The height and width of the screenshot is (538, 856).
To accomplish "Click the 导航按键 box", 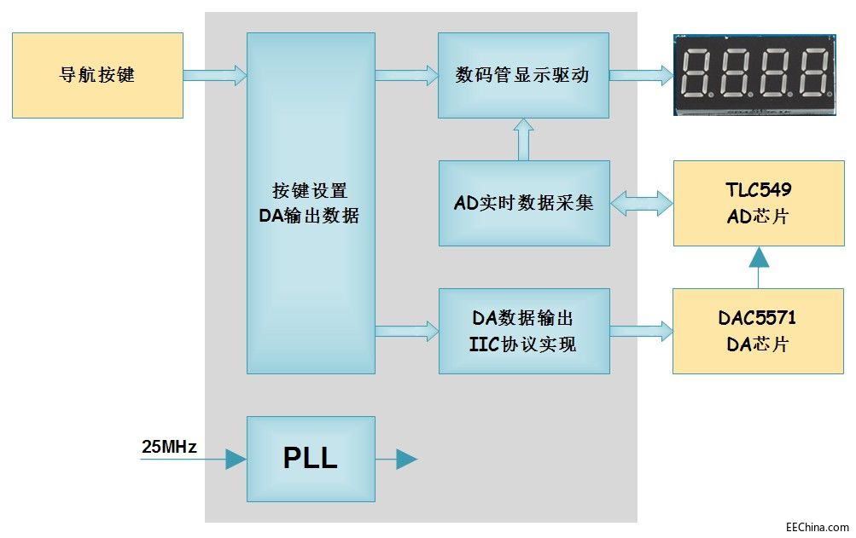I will tap(97, 75).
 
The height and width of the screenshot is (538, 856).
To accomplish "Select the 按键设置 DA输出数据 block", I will tap(311, 203).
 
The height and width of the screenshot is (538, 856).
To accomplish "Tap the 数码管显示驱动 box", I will tap(523, 75).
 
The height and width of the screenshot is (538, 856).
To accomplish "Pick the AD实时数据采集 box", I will tap(523, 203).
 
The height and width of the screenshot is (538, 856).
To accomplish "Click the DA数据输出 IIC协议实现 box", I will tap(523, 331).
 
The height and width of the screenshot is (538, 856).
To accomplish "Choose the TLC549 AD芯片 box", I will tap(758, 203).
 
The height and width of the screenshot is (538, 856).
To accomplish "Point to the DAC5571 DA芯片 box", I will tap(758, 331).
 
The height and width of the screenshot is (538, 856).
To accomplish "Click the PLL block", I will tap(311, 459).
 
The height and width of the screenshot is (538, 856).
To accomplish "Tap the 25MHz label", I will tap(169, 446).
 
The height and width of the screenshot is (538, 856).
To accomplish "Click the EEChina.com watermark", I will tap(817, 527).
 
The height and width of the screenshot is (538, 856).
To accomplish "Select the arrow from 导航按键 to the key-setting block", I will tap(214, 75).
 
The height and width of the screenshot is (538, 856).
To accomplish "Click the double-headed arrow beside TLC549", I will tap(641, 203).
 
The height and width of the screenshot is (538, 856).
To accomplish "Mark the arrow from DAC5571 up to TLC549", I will tap(758, 267).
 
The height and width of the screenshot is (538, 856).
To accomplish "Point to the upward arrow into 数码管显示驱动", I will tap(524, 139).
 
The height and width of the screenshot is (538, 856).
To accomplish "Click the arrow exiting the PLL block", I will tap(396, 460).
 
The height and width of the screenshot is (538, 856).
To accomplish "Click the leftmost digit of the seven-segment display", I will tap(696, 72).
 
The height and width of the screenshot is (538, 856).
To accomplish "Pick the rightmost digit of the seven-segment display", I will tap(814, 72).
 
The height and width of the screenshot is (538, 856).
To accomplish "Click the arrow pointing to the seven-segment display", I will tap(641, 75).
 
